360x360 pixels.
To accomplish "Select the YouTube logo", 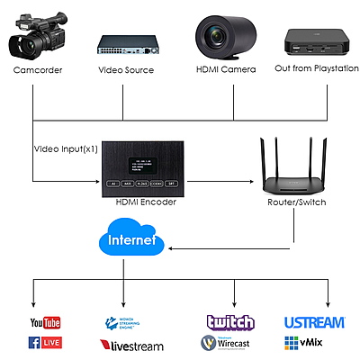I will point(44,322).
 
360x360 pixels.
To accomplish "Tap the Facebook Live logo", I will point(44,343).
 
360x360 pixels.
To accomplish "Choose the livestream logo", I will point(131,345).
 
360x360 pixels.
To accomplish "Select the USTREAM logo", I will point(313,322).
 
